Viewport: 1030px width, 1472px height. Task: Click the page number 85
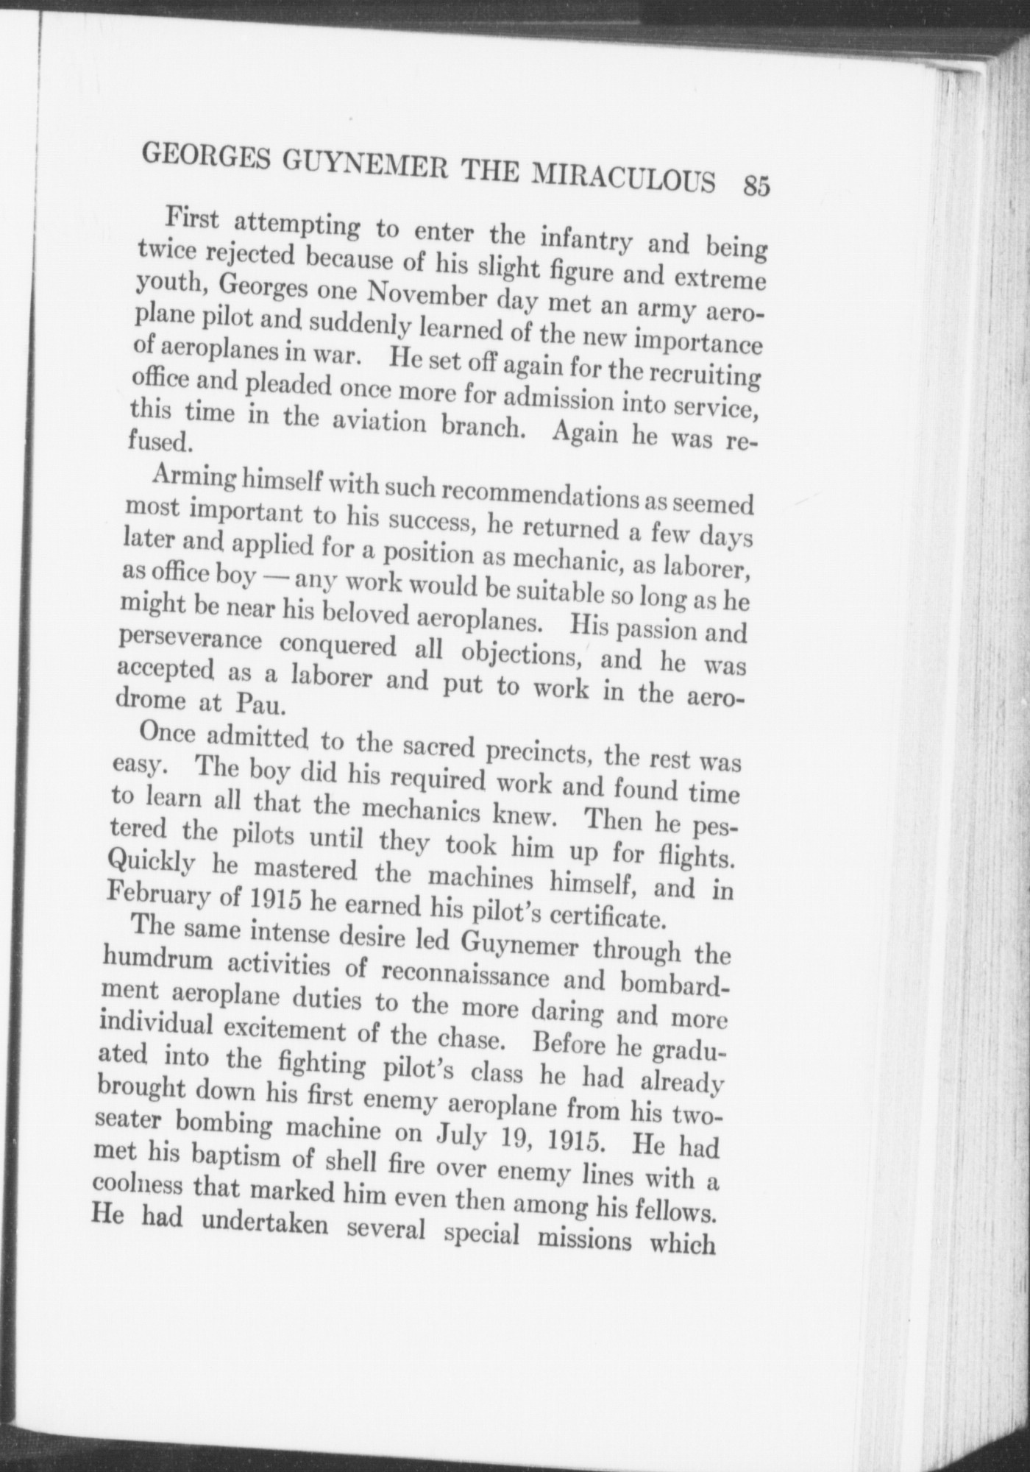[756, 185]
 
